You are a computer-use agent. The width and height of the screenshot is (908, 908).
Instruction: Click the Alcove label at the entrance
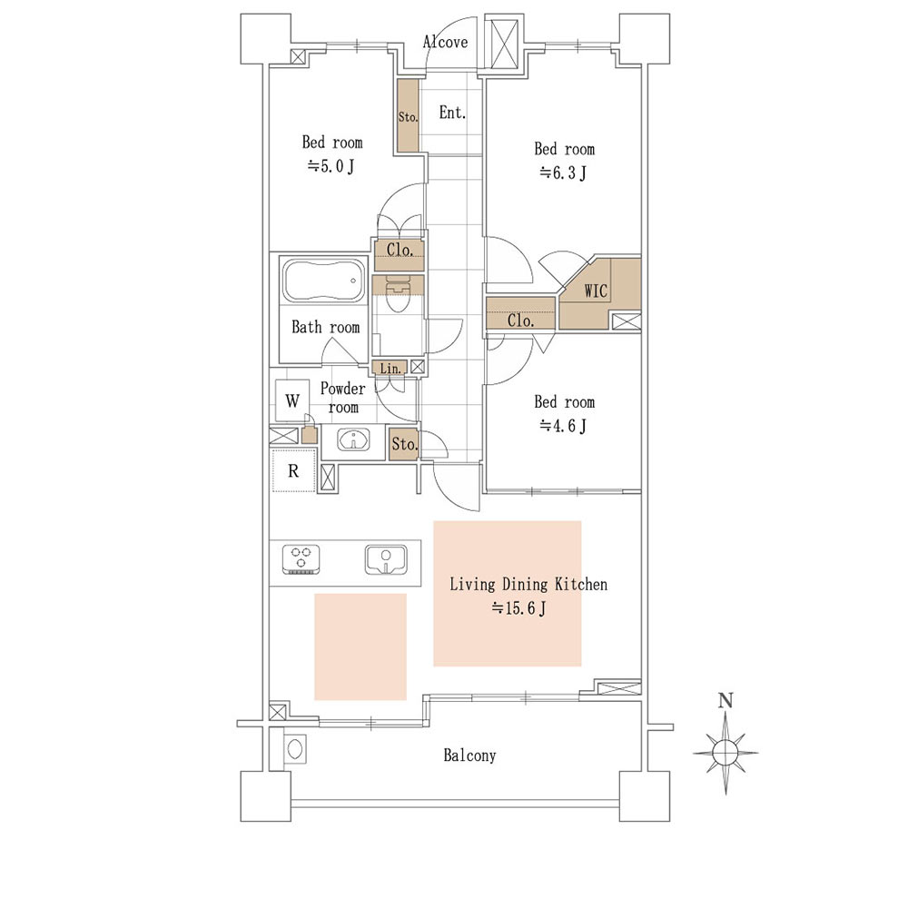(445, 42)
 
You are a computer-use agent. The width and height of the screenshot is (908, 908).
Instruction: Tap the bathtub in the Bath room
(324, 281)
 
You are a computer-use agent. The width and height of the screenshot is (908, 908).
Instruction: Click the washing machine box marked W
(292, 400)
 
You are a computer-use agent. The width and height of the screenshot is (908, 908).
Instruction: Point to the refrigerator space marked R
(293, 470)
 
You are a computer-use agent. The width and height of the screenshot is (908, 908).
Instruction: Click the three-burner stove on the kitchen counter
(301, 559)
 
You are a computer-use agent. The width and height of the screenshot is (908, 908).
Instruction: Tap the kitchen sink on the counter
(385, 559)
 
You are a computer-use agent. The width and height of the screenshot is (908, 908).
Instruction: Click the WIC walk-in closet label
(596, 291)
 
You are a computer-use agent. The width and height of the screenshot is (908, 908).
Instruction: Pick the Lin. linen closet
(390, 368)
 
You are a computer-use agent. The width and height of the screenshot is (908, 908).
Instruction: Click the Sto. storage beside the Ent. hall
(408, 116)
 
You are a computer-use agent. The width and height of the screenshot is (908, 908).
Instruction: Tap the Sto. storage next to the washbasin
(404, 444)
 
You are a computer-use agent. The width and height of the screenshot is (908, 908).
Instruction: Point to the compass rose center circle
(725, 753)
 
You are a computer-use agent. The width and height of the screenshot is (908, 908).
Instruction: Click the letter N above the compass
(725, 701)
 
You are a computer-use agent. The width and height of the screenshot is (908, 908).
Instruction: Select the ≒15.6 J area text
(518, 608)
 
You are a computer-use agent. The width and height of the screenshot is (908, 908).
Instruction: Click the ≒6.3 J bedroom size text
(563, 173)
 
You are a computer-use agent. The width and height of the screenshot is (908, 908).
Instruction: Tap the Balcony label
(469, 755)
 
